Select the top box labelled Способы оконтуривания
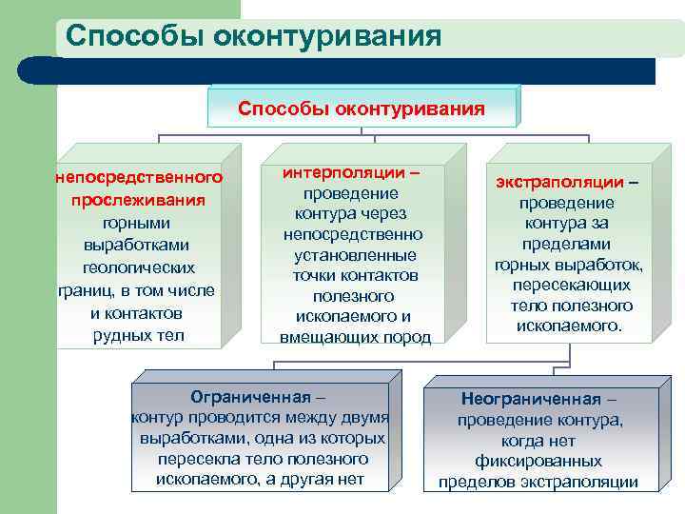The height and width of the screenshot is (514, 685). pos(362,108)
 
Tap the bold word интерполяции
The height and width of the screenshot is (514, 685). pos(342,173)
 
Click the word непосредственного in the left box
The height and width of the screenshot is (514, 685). pos(139,177)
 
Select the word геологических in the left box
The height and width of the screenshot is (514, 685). pos(138,267)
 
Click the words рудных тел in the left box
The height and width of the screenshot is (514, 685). pos(138,335)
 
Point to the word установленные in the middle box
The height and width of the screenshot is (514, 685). pos(355,255)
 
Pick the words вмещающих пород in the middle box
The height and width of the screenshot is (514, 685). pos(355,337)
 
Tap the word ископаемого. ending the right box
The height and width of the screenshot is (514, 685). pos(570,326)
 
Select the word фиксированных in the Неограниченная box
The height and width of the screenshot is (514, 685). pos(538,461)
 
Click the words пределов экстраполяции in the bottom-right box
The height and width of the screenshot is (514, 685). pos(538,482)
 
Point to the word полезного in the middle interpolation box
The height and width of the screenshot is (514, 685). pos(355,296)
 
